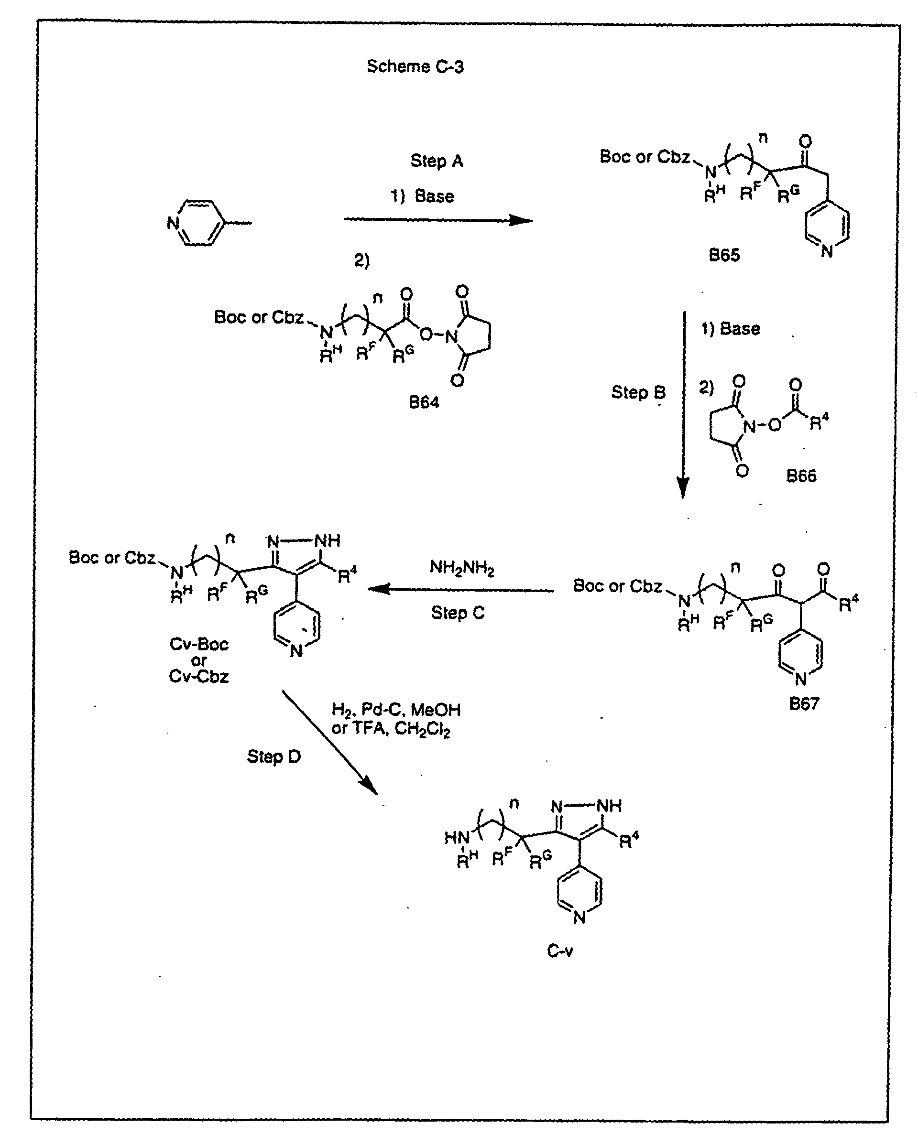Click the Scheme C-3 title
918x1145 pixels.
[x=415, y=66]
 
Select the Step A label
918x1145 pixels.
[x=437, y=161]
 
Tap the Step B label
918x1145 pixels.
[x=638, y=392]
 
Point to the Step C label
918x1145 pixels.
[x=458, y=613]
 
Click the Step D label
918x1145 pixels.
[x=273, y=756]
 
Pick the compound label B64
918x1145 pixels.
[x=424, y=402]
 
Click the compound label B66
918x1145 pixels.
[x=801, y=475]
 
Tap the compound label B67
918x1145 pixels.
[x=804, y=703]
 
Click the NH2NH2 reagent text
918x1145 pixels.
[x=462, y=568]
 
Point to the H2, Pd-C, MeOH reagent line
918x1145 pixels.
[x=396, y=710]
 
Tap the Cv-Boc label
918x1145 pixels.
[x=199, y=644]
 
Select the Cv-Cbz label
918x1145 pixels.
[x=199, y=677]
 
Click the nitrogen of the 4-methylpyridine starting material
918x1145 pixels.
[x=173, y=223]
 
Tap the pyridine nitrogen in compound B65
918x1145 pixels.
[x=827, y=251]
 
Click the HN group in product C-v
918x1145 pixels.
[x=457, y=839]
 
